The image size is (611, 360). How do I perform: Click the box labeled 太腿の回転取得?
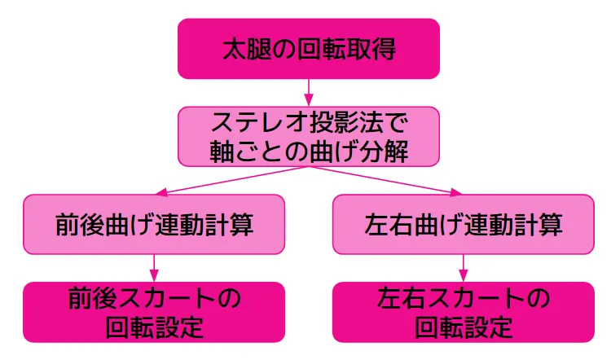(309, 49)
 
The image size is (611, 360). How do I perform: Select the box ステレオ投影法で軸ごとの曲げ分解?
(309, 136)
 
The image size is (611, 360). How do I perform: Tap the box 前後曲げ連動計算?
(154, 224)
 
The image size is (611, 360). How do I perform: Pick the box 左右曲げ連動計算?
(464, 224)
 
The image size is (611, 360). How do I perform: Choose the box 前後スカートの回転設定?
(154, 312)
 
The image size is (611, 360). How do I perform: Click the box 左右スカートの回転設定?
(464, 312)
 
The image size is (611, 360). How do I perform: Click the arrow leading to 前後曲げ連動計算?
(232, 179)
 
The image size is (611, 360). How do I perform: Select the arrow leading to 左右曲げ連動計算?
(387, 179)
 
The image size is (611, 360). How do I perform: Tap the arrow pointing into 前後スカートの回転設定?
(154, 267)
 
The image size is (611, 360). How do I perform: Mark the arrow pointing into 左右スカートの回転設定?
(464, 267)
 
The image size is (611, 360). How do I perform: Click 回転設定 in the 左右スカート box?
(464, 327)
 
